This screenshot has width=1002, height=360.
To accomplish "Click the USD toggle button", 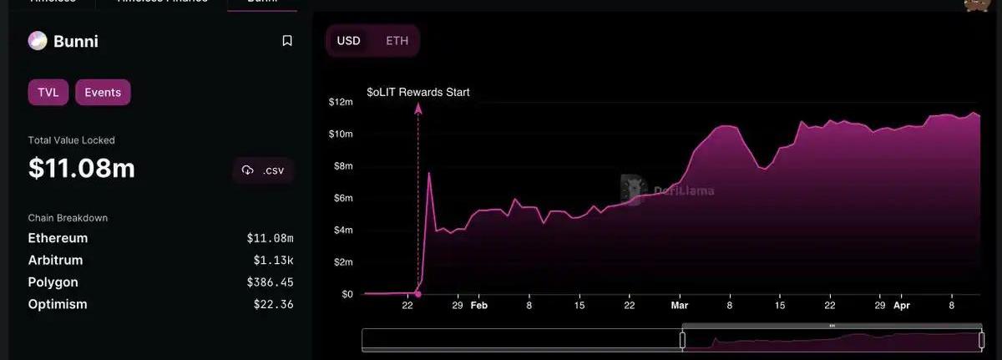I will pyautogui.click(x=348, y=41).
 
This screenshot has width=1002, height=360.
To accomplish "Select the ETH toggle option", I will pyautogui.click(x=397, y=41).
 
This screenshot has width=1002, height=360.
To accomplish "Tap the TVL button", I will pyautogui.click(x=48, y=93).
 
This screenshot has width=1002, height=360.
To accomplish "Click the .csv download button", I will pyautogui.click(x=263, y=170).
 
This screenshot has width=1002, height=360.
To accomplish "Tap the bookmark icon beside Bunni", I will pyautogui.click(x=287, y=41).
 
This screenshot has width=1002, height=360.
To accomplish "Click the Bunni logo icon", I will pyautogui.click(x=38, y=41).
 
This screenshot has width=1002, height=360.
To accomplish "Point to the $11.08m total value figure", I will pyautogui.click(x=81, y=169).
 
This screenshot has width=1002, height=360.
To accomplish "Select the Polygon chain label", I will pyautogui.click(x=53, y=282).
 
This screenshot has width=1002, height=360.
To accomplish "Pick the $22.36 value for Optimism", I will pyautogui.click(x=273, y=304).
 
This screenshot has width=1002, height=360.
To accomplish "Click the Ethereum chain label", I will pyautogui.click(x=58, y=238).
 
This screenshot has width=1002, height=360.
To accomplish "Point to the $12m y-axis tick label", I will pyautogui.click(x=341, y=102).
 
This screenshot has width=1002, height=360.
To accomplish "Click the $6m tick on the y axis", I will pyautogui.click(x=343, y=198).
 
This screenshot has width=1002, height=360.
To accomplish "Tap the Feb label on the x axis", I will pyautogui.click(x=478, y=307).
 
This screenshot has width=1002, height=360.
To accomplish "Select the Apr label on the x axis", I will pyautogui.click(x=902, y=307).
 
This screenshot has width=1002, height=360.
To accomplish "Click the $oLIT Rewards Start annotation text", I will pyautogui.click(x=418, y=93).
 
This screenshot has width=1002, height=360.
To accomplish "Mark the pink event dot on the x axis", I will pyautogui.click(x=418, y=294).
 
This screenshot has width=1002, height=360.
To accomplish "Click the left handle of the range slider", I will pyautogui.click(x=682, y=340).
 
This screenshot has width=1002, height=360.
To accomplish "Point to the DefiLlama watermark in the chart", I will pyautogui.click(x=667, y=190).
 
